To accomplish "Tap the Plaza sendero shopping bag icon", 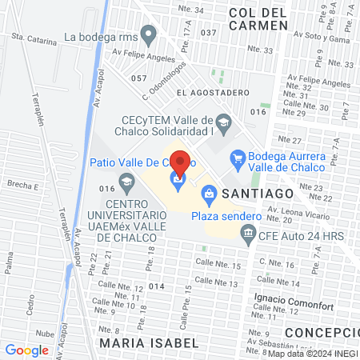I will (x=209, y=192).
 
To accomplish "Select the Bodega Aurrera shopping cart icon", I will (x=238, y=158).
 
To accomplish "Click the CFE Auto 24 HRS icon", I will (x=249, y=234).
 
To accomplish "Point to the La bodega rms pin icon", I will (x=147, y=35).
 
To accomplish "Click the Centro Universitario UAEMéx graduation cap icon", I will (x=127, y=185).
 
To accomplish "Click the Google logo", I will (x=27, y=350).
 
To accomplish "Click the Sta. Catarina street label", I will (x=34, y=38).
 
